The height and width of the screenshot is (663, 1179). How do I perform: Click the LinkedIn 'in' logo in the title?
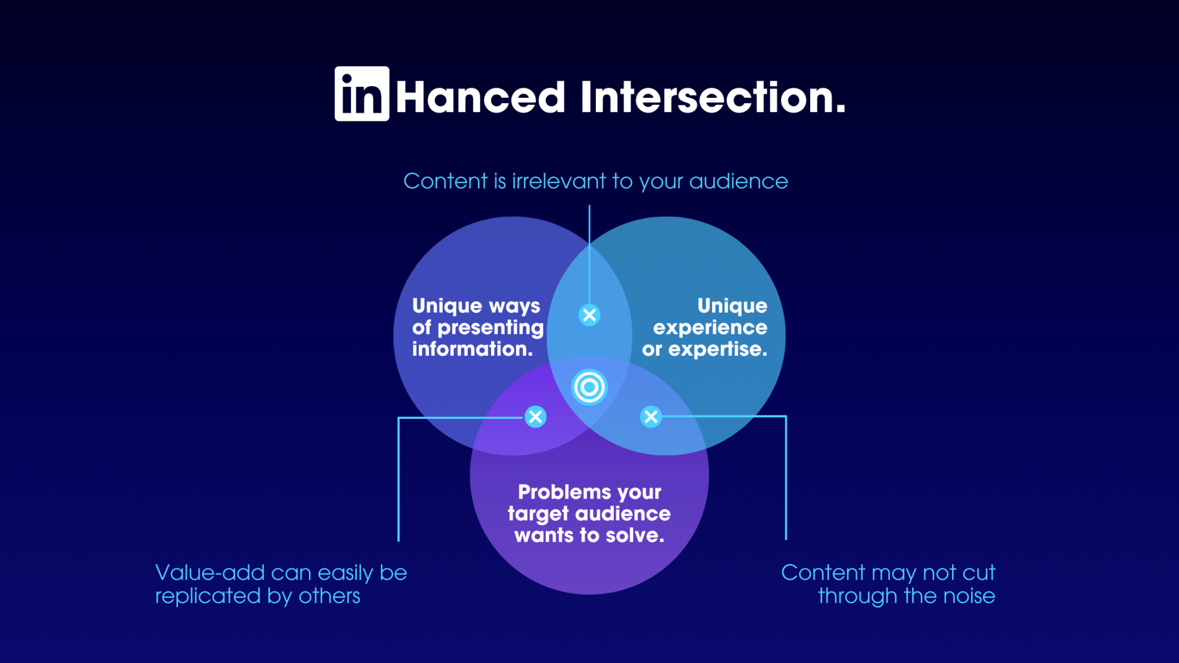[362, 94]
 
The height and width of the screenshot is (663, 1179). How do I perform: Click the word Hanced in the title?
[480, 97]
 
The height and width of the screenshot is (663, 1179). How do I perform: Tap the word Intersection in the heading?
[712, 97]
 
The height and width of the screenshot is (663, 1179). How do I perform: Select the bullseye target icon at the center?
[589, 387]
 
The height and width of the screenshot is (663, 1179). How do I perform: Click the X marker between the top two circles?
[589, 315]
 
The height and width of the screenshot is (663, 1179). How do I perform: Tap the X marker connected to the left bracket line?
[535, 417]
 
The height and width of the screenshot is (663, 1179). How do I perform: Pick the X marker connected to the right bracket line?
[651, 417]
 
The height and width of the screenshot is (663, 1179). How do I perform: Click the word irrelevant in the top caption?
[559, 181]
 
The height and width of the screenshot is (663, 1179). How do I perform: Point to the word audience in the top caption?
[738, 181]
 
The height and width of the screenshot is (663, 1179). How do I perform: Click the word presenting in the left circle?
[490, 327]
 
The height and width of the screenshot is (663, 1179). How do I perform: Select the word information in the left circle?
[472, 349]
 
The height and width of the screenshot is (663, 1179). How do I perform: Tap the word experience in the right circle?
[710, 327]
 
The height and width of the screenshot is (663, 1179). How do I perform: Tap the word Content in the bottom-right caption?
[823, 573]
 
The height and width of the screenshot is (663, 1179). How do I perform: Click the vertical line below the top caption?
[589, 253]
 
